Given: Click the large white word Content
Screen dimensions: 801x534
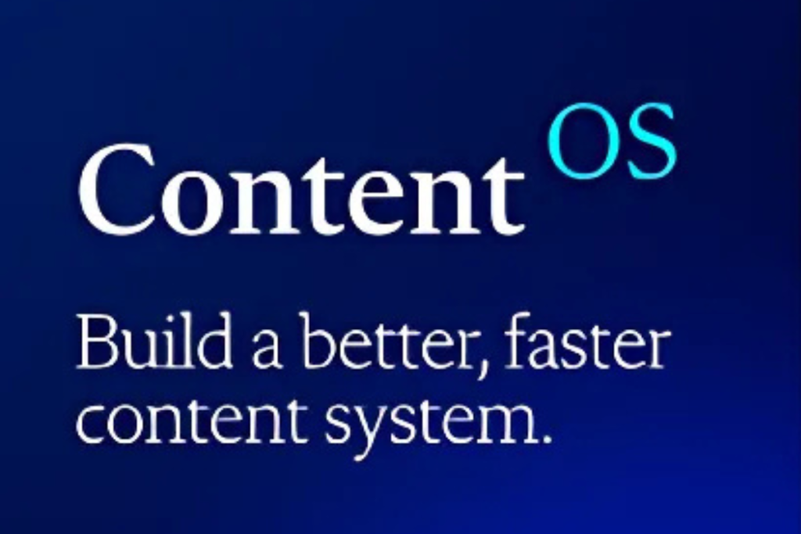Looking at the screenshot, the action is pos(301,189).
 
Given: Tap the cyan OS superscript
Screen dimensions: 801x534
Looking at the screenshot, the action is pos(612,141).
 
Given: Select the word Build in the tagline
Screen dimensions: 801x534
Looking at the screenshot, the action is pos(154,341).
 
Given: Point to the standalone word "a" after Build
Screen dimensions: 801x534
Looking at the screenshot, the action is pos(266,349).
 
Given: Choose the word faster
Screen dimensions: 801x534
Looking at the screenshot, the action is pos(587,341).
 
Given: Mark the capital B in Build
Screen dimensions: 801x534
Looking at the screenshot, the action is pos(97,342).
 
